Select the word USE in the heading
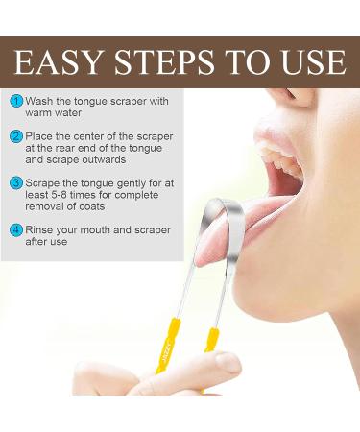click(x=314, y=62)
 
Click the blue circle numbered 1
click(x=15, y=100)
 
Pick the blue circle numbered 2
click(x=15, y=136)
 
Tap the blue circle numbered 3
click(x=15, y=181)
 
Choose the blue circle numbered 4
click(x=15, y=229)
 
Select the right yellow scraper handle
click(x=211, y=346)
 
